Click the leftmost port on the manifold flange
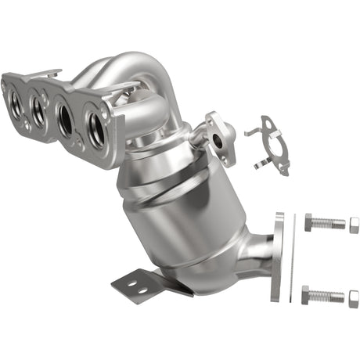point(16,100)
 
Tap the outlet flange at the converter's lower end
point(279,256)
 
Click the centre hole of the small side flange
point(217,139)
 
